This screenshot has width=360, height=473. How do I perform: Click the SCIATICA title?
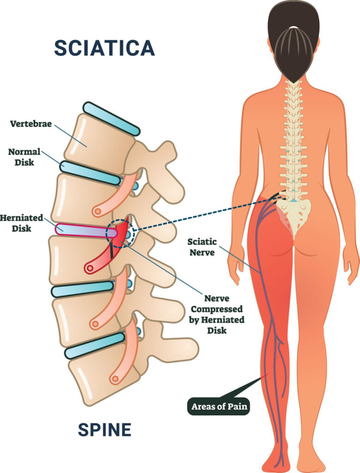[104, 48]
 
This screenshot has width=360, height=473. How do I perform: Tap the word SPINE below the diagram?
[105, 430]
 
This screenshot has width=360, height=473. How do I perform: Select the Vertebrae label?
[31, 124]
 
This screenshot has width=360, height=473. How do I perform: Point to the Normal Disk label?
[24, 157]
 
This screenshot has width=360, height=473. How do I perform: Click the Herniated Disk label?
[21, 223]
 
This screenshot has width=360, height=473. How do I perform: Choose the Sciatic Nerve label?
[202, 247]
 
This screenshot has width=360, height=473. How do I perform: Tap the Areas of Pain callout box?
[219, 406]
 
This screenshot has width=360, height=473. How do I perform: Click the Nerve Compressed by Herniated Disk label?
[217, 314]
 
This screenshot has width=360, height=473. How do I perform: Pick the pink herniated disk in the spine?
[86, 230]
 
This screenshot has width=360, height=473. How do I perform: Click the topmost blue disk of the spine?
[112, 119]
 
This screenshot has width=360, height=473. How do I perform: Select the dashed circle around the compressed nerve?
[120, 233]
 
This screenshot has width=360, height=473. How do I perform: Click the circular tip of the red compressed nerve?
[89, 267]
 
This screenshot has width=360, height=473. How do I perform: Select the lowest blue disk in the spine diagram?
[95, 346]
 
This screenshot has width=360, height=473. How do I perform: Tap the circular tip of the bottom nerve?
[115, 379]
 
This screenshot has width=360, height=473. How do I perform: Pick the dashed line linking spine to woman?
[208, 213]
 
